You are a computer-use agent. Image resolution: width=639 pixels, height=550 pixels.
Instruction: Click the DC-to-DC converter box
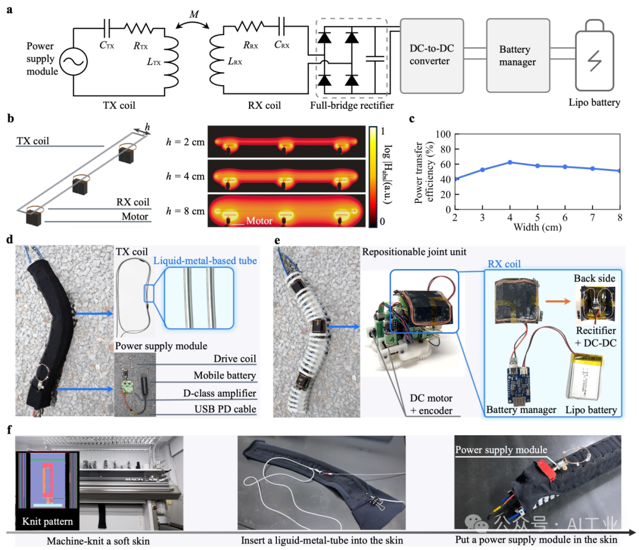pos(438,56)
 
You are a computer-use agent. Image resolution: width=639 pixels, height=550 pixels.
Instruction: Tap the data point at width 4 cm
pos(509,162)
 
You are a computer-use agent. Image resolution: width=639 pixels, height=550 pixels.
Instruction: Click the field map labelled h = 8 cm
pos(286,212)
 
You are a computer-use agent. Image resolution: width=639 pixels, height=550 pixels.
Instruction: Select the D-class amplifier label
pos(224,393)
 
